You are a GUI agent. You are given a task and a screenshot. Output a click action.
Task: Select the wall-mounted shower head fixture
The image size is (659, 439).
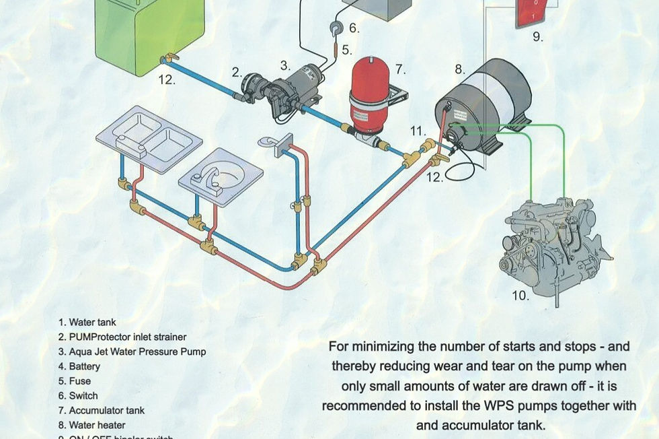tap(276, 142)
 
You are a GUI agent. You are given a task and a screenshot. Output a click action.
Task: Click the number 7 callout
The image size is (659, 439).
tap(401, 69)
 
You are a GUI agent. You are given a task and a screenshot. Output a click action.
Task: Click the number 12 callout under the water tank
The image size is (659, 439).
tap(167, 79)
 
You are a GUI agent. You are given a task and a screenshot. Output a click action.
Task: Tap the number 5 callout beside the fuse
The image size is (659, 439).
tap(346, 49)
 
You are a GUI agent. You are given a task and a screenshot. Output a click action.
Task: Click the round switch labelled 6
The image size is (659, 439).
tap(334, 28)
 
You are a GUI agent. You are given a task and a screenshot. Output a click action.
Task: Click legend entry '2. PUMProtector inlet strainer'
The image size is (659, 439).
tap(122, 337)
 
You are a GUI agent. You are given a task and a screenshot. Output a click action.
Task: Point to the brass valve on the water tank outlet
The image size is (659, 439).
tap(171, 59)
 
